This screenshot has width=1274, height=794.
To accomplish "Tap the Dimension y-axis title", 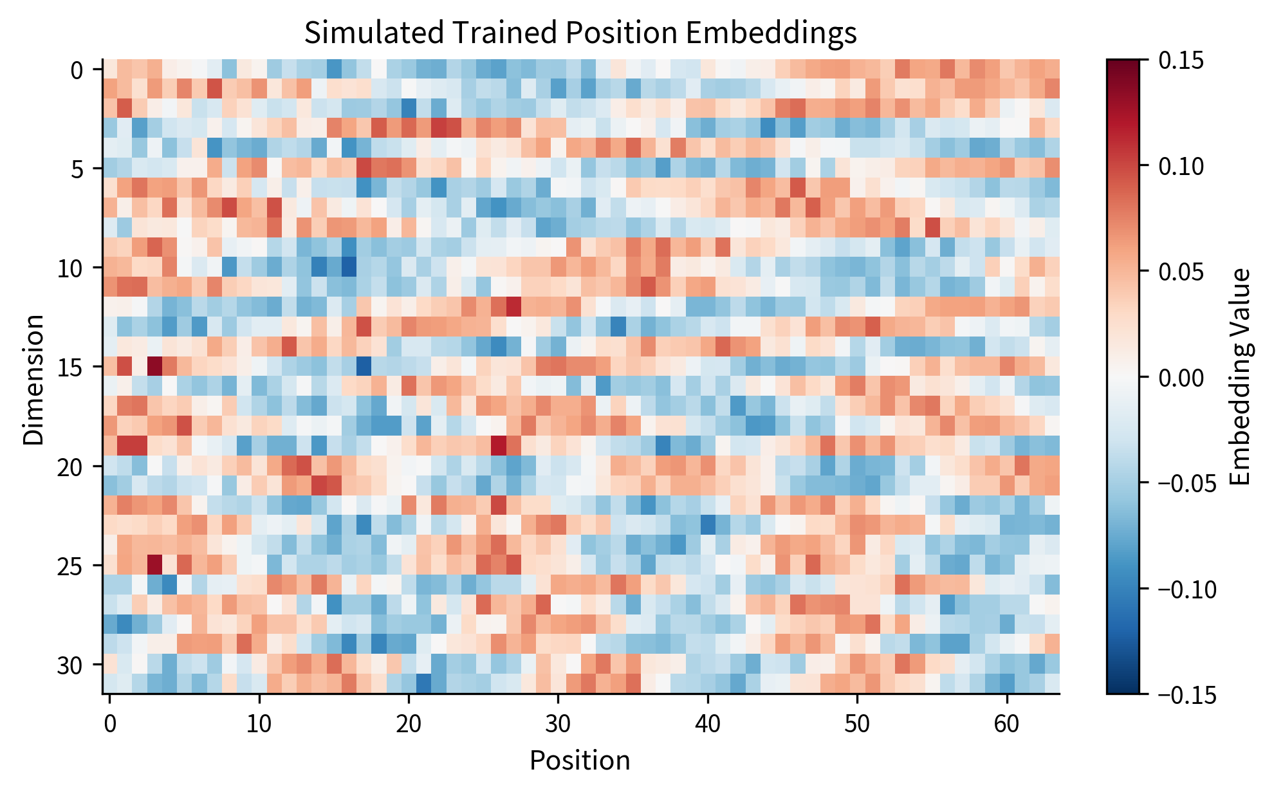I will [33, 380].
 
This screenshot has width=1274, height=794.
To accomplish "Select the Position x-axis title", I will [580, 761].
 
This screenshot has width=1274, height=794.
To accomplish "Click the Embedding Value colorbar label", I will [1239, 377].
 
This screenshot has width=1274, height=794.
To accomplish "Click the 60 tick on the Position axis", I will [1006, 724].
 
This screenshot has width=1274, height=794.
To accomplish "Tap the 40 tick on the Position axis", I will [708, 724].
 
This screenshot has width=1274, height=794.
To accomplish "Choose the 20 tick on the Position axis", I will [409, 724].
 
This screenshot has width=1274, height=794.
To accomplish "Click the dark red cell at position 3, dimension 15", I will [154, 366].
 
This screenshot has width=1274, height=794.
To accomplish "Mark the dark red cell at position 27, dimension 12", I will [513, 307].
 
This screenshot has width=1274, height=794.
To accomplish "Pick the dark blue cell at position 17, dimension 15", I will [364, 366].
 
